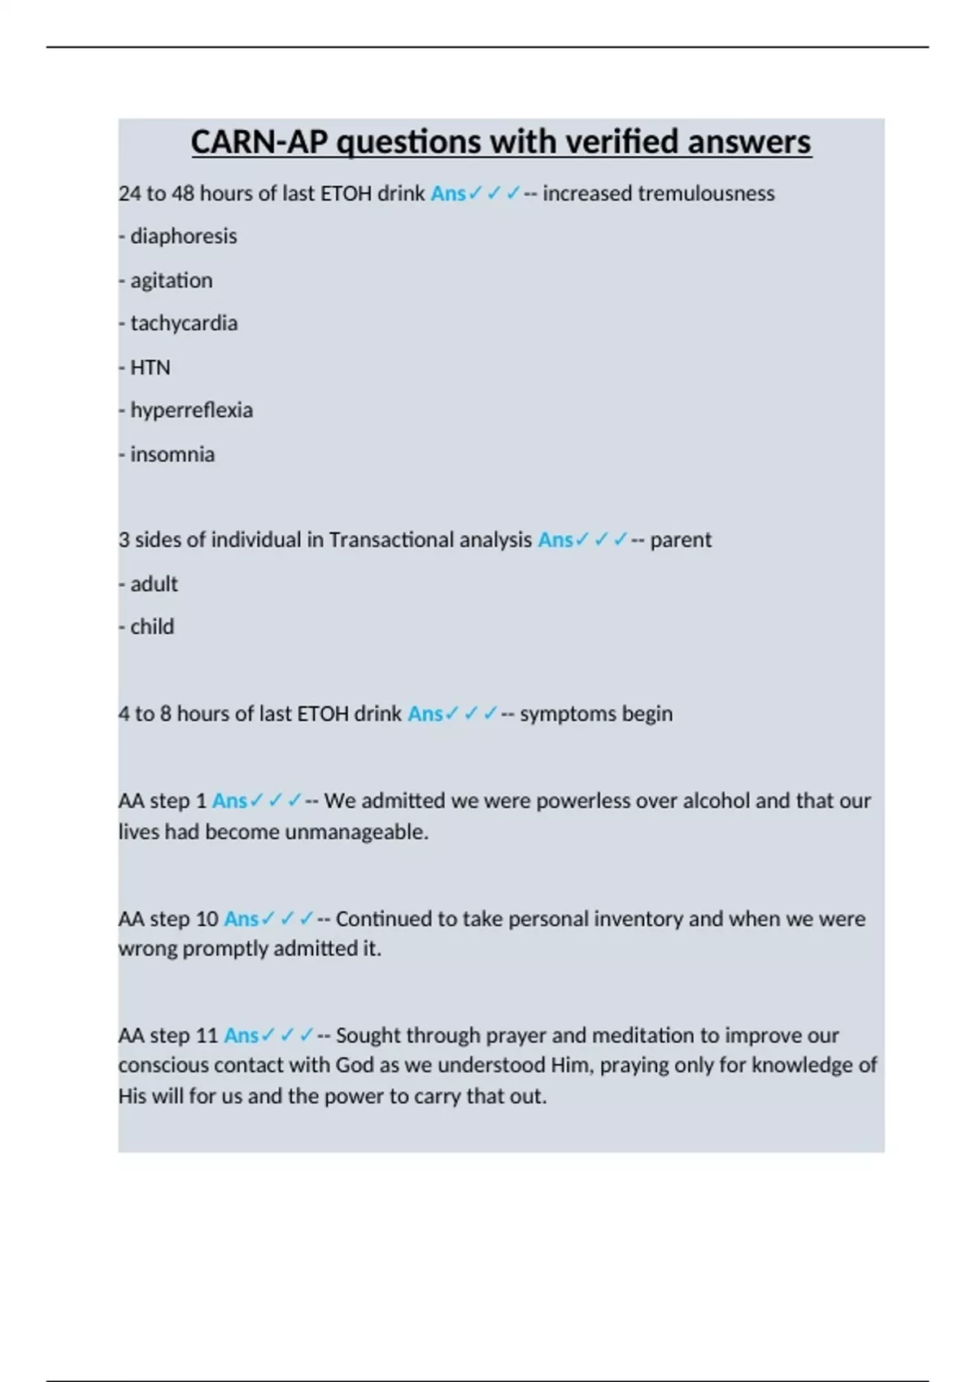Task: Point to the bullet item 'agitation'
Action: click(171, 280)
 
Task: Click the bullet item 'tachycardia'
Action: click(184, 324)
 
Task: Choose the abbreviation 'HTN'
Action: click(150, 367)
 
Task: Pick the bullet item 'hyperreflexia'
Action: click(191, 410)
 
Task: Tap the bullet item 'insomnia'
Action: click(172, 454)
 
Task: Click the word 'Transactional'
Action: click(391, 540)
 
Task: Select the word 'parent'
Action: click(681, 540)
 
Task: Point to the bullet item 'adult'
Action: click(154, 584)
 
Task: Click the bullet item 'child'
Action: click(152, 627)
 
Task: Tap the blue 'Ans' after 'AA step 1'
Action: click(229, 801)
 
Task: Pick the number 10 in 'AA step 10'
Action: click(207, 919)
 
